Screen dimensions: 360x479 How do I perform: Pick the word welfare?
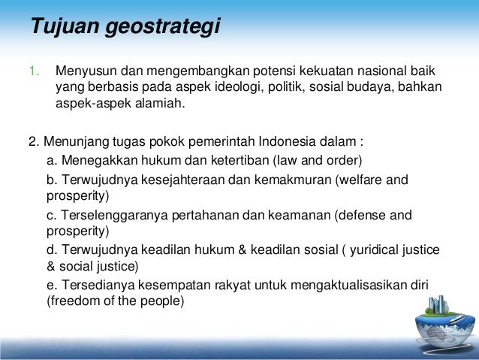[x=359, y=179]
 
